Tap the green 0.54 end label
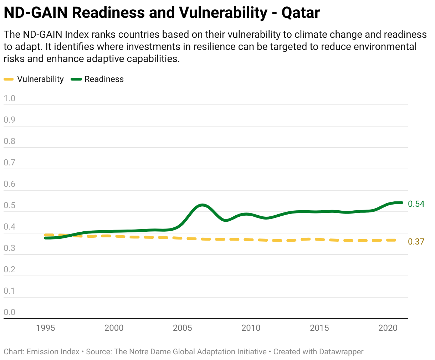[416, 204]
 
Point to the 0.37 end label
[416, 242]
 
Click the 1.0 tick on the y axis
[10, 98]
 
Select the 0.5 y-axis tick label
[10, 205]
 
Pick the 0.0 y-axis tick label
[10, 312]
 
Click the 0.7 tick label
[10, 163]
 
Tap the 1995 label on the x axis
[46, 328]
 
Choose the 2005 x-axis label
[183, 328]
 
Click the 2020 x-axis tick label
[388, 328]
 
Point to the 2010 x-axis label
[251, 328]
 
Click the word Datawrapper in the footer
[341, 352]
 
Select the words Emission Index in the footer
[53, 352]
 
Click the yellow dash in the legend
[9, 79]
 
